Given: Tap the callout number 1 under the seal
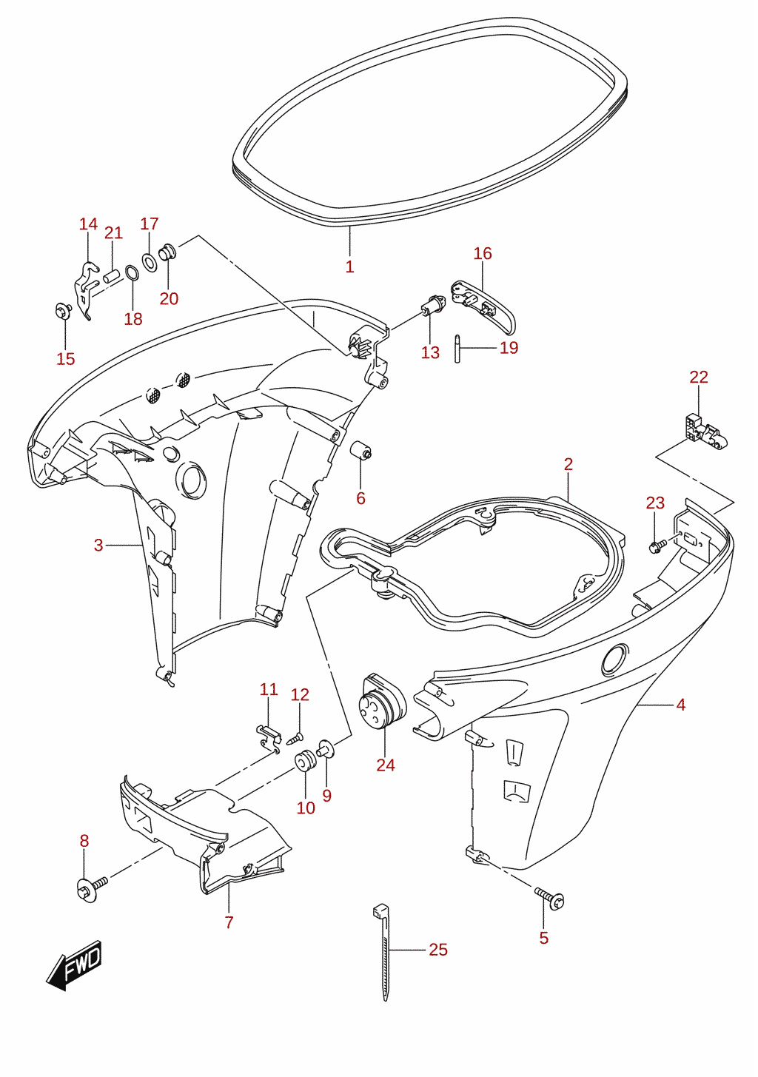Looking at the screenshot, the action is pyautogui.click(x=349, y=266).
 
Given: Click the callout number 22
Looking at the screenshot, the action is pyautogui.click(x=698, y=377).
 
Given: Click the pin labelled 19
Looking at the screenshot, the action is pyautogui.click(x=457, y=349).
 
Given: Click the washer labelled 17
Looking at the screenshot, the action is pyautogui.click(x=149, y=261).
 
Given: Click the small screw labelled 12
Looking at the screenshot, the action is pyautogui.click(x=294, y=738).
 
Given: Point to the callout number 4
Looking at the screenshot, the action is pyautogui.click(x=680, y=705).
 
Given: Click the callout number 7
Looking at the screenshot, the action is pyautogui.click(x=229, y=922).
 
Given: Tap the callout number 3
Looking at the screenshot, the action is pyautogui.click(x=98, y=545).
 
